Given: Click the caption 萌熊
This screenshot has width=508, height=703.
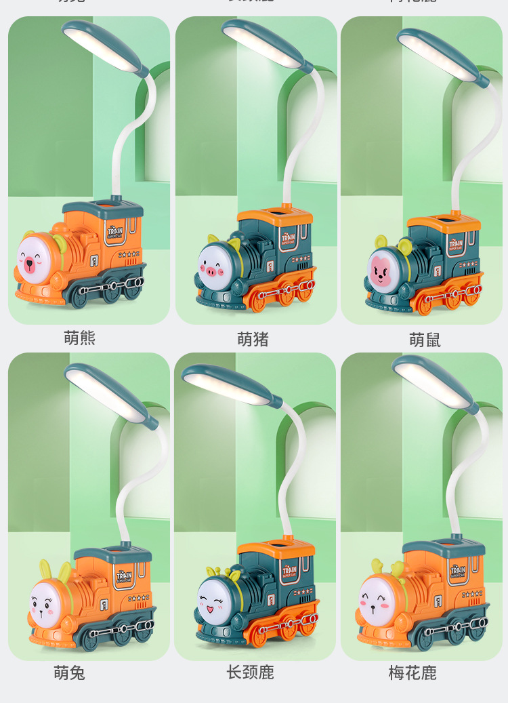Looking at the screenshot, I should click(x=80, y=338).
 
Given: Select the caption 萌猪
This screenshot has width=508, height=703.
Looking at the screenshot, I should click(x=253, y=339).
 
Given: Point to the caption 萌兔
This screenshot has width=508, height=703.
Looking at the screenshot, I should click(x=69, y=672).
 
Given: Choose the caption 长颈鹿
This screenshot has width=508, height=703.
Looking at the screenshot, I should click(x=250, y=672).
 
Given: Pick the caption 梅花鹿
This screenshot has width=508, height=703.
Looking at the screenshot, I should click(x=412, y=672).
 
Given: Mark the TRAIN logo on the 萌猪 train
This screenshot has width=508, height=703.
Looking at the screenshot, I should click(x=288, y=239).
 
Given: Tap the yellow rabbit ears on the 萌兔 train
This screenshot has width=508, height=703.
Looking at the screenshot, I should click(x=54, y=571).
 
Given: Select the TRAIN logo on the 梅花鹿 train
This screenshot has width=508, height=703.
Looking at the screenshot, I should click(x=458, y=572).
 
